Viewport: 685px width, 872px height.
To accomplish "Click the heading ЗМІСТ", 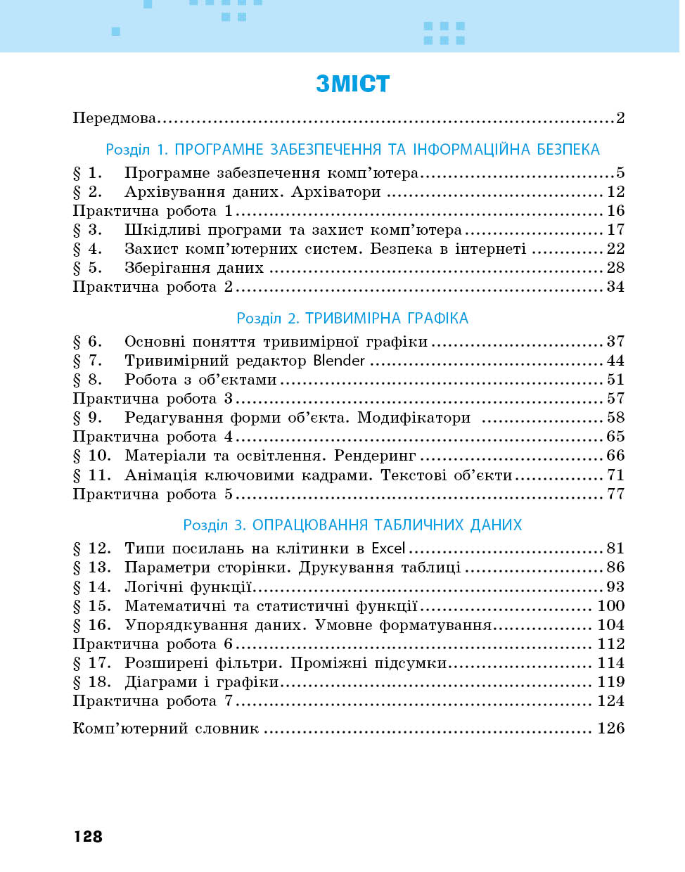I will pos(352,84).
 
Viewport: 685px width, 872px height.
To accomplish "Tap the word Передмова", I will pos(114,118).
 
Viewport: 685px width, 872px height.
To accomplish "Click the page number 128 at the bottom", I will pos(88,836).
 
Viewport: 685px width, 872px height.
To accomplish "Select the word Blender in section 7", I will pos(339,361).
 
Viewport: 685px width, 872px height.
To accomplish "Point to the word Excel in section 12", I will pos(388,549).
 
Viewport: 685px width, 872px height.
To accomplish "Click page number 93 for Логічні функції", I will pos(615,587).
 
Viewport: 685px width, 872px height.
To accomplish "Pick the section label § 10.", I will pos(91,456).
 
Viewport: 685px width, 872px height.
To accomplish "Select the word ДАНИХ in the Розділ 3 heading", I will pos(497,525).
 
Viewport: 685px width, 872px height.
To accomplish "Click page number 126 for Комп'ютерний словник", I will pos(610,729).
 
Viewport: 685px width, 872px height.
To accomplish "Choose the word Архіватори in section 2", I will pos(336,192).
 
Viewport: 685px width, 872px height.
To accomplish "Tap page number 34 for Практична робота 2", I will pos(615,287).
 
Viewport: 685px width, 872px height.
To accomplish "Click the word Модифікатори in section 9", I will pos(414,418).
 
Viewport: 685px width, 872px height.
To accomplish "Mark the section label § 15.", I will pos(91,606).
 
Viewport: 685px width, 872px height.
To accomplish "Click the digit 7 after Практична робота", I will pos(229,701).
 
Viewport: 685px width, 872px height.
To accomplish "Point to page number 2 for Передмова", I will pos(620,118).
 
